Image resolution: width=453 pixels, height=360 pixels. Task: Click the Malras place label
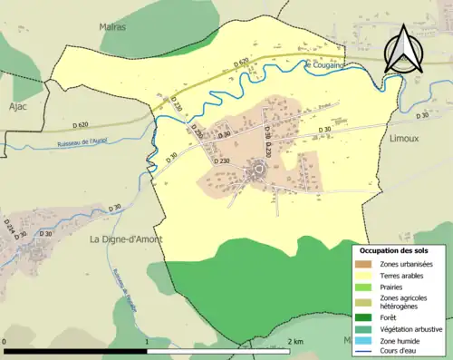coord(112,26)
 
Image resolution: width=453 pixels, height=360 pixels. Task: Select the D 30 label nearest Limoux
coord(422,116)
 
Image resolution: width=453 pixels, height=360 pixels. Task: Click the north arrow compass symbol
coord(405,49)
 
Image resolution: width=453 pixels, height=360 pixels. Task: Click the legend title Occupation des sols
coord(395,249)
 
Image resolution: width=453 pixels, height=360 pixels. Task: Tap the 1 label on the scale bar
coord(147,341)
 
